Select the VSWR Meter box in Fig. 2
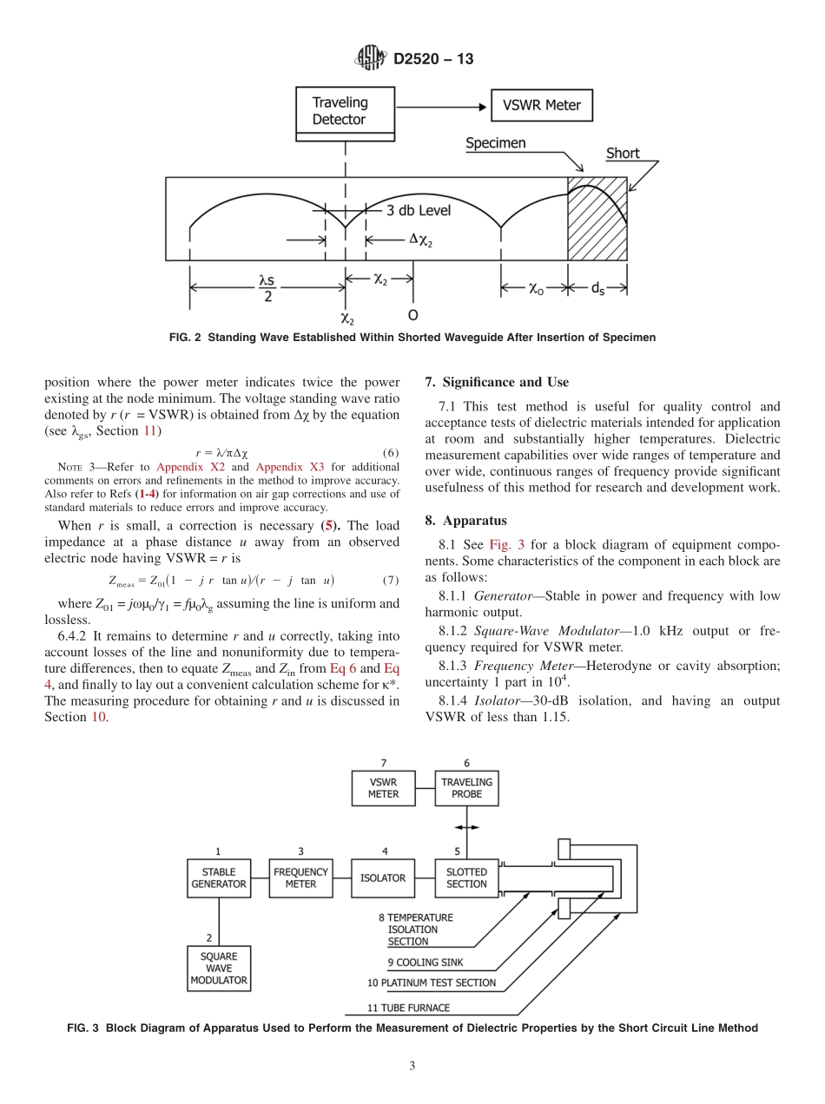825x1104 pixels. tap(542, 107)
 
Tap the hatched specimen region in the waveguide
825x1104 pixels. tap(597, 219)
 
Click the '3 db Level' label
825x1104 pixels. tap(419, 210)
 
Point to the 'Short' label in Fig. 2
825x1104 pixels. tap(623, 154)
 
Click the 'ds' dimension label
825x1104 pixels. tap(598, 290)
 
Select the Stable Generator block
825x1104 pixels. tap(218, 877)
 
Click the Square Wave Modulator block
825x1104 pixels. tap(218, 969)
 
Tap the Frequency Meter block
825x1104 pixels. tap(300, 877)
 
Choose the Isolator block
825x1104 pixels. tap(383, 877)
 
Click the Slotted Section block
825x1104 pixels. tap(466, 877)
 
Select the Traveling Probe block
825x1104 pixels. tap(466, 787)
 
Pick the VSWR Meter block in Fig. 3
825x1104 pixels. tap(383, 787)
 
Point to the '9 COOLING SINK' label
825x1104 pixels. tap(426, 962)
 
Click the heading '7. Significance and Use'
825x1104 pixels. tap(497, 382)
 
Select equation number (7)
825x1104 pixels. tap(391, 580)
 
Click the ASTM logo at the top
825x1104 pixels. tap(371, 59)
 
